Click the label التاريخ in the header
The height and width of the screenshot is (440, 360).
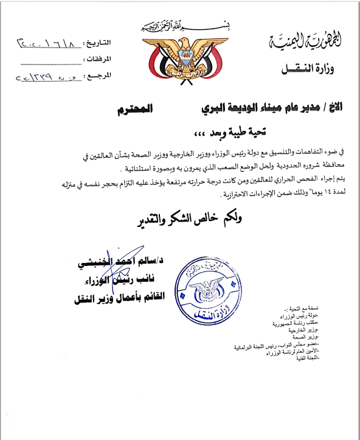click(99, 44)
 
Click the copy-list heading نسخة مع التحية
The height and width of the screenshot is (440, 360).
click(302, 309)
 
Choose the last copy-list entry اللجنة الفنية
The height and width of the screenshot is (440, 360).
click(306, 357)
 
